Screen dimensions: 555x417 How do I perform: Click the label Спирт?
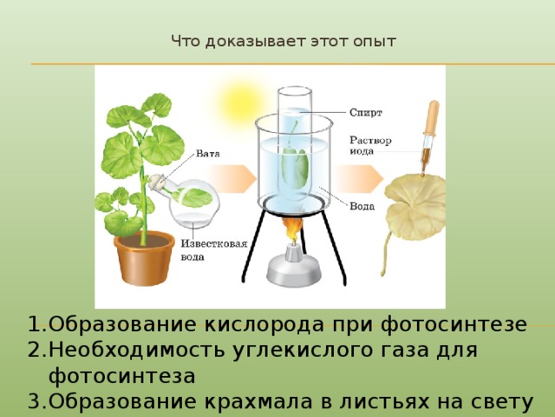(x=366, y=112)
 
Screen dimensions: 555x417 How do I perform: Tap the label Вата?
(x=208, y=154)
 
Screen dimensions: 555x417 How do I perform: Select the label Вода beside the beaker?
(x=362, y=206)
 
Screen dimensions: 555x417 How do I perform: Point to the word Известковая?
(x=214, y=243)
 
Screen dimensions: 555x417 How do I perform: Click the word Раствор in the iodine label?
(x=370, y=141)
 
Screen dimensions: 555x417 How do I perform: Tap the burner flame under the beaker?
(x=292, y=230)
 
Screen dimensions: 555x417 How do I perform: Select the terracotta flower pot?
(x=145, y=257)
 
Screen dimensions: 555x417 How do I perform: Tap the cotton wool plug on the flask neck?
(x=156, y=182)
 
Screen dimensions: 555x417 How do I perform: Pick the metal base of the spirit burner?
(x=294, y=268)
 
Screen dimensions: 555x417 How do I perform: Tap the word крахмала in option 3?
(x=258, y=401)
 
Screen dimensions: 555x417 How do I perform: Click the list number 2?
(x=35, y=350)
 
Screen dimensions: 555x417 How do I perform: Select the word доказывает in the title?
(x=255, y=42)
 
